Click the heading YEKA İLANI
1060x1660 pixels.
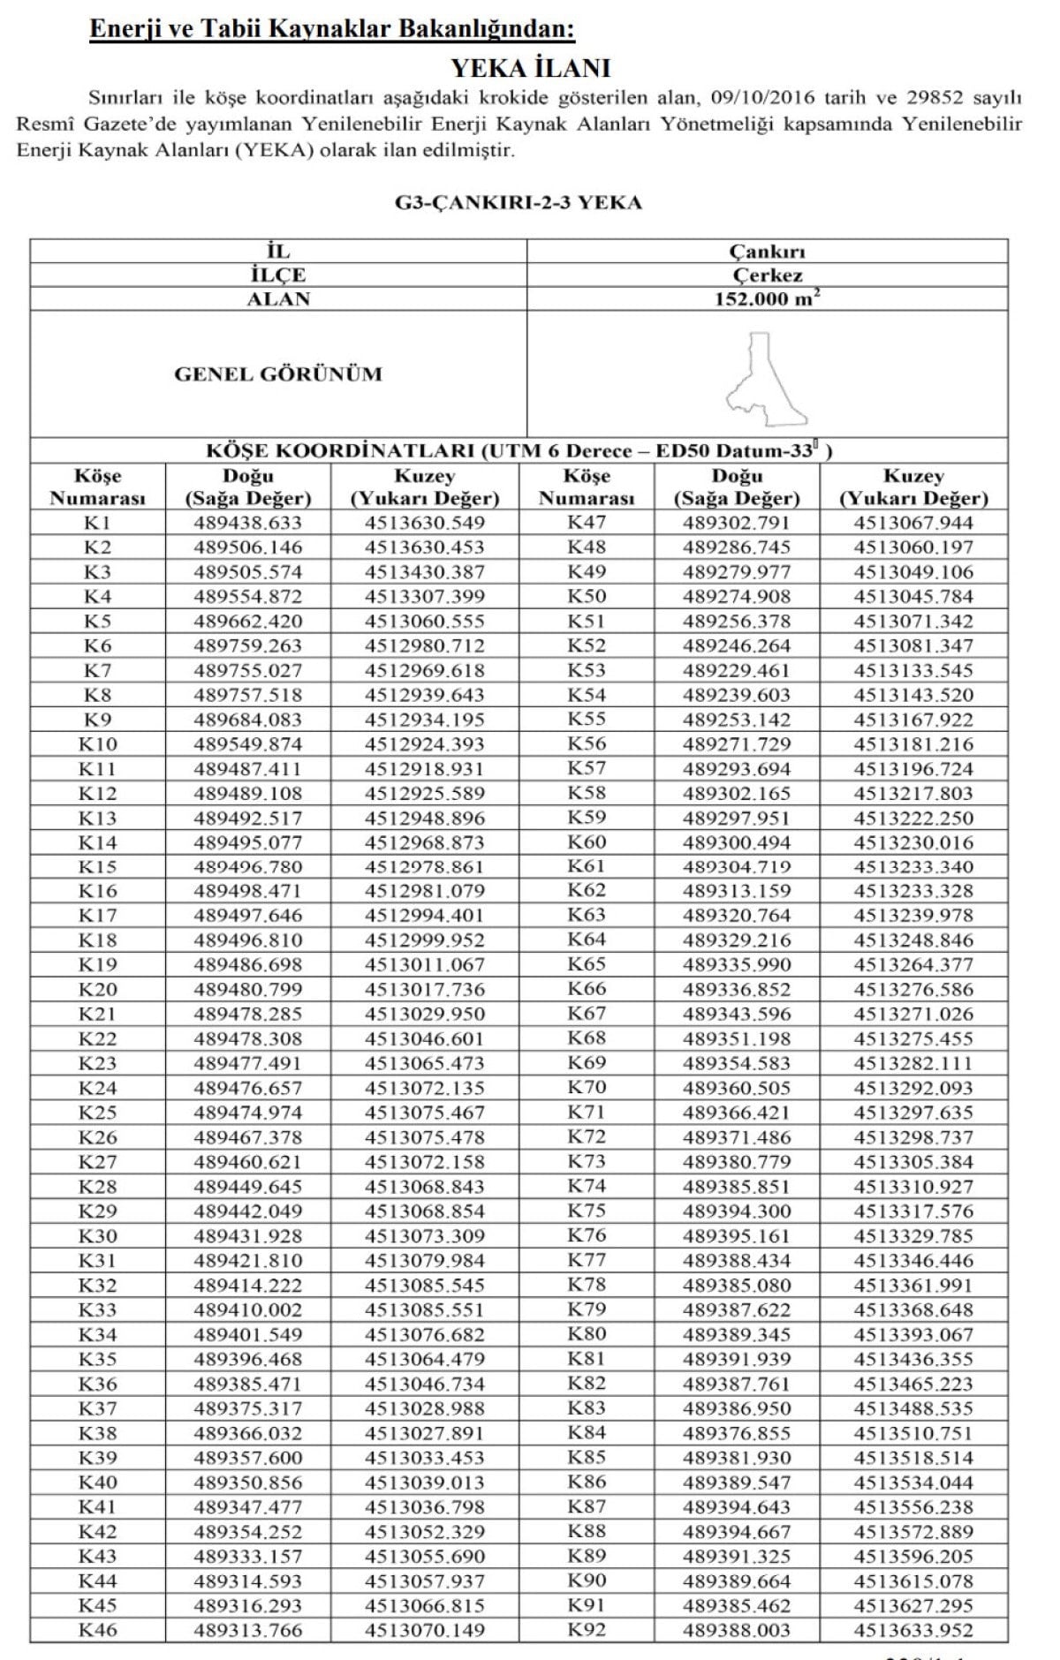click(x=530, y=68)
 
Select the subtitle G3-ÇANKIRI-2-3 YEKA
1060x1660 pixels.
click(x=519, y=203)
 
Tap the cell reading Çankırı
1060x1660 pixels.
click(x=767, y=252)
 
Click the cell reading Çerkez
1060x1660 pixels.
click(x=767, y=275)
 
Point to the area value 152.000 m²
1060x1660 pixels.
click(x=767, y=299)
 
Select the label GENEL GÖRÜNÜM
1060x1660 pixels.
click(x=278, y=374)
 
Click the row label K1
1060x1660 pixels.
click(x=97, y=523)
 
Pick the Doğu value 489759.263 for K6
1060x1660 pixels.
click(x=247, y=646)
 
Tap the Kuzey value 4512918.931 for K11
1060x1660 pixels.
click(x=425, y=769)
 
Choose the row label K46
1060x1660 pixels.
click(x=97, y=1630)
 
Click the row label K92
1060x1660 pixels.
click(x=587, y=1630)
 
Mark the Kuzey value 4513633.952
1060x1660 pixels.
click(x=913, y=1630)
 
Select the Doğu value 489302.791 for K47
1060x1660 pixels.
click(x=737, y=523)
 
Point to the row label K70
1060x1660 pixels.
click(x=587, y=1088)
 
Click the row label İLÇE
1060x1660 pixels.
click(x=278, y=275)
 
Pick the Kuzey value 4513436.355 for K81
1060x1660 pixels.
click(x=913, y=1359)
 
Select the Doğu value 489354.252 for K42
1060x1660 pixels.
click(x=247, y=1532)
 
